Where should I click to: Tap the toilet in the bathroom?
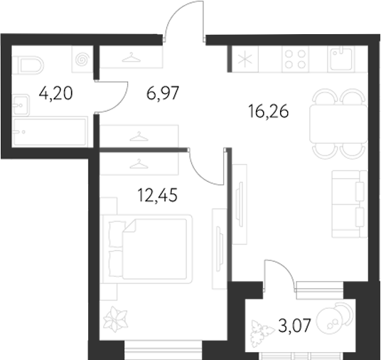pos(28,66)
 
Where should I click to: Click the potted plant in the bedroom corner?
pos(114,321)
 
